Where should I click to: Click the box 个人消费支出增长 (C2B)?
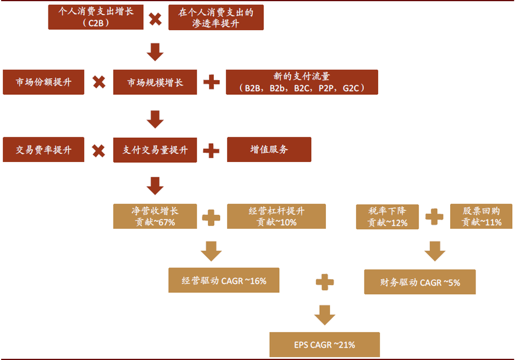[x=95, y=17]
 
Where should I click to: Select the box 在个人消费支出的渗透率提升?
[x=215, y=17]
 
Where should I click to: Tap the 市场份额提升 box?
[x=43, y=82]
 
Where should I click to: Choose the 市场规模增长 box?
[x=155, y=82]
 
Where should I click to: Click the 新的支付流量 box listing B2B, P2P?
[x=302, y=82]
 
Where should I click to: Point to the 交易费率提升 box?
[x=43, y=150]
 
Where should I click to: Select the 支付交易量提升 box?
[x=155, y=150]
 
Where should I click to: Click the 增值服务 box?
[x=269, y=150]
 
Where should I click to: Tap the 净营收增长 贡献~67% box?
[x=155, y=216]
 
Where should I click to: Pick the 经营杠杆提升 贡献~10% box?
[x=276, y=216]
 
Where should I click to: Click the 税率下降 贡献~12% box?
[x=387, y=216]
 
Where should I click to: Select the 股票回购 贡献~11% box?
[x=481, y=216]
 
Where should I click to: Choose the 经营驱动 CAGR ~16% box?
[x=223, y=280]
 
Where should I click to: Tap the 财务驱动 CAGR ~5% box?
[x=420, y=281]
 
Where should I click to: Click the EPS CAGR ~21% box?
[x=325, y=345]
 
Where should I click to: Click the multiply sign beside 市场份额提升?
[x=99, y=82]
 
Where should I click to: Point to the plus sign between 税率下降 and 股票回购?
[x=434, y=217]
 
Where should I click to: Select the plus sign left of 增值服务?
[x=211, y=150]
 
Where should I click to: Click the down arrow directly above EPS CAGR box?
[x=325, y=315]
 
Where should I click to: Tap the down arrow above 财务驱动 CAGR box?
[x=434, y=251]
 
